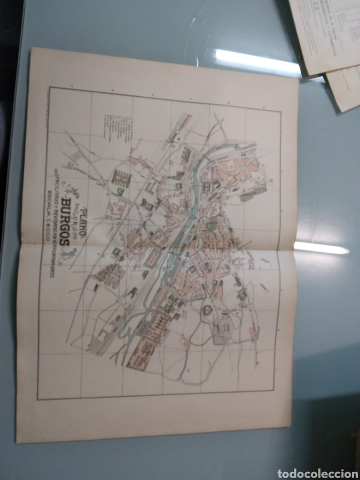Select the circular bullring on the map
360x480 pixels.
coord(205,309)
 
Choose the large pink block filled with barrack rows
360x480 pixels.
coord(150,340)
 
